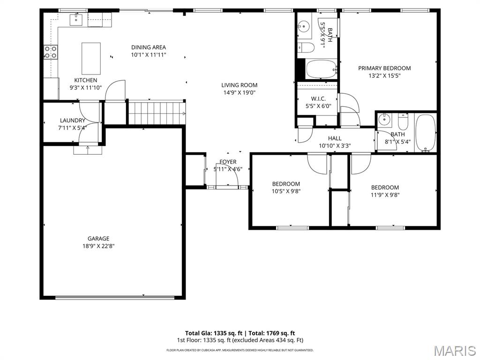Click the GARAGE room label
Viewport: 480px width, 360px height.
(x=98, y=239)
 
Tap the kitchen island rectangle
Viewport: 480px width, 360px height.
(x=91, y=58)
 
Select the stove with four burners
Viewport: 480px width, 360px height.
(x=51, y=52)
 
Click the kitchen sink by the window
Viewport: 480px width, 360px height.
(x=76, y=20)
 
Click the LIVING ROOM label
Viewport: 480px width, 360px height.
(x=239, y=85)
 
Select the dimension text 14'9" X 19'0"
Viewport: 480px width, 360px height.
(x=239, y=93)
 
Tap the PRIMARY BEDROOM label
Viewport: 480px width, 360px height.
(x=384, y=68)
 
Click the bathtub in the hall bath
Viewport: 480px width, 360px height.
(x=426, y=132)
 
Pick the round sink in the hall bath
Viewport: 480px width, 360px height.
(x=385, y=120)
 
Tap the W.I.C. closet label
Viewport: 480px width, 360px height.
(x=318, y=99)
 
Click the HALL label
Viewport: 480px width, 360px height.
(x=335, y=138)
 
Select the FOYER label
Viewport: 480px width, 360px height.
(x=228, y=162)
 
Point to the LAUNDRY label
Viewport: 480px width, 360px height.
(x=72, y=120)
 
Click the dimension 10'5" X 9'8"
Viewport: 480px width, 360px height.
(x=286, y=191)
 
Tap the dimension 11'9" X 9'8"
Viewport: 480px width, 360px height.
(x=385, y=195)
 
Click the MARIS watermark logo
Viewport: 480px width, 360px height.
(x=454, y=350)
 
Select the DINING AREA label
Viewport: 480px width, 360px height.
(x=149, y=47)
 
